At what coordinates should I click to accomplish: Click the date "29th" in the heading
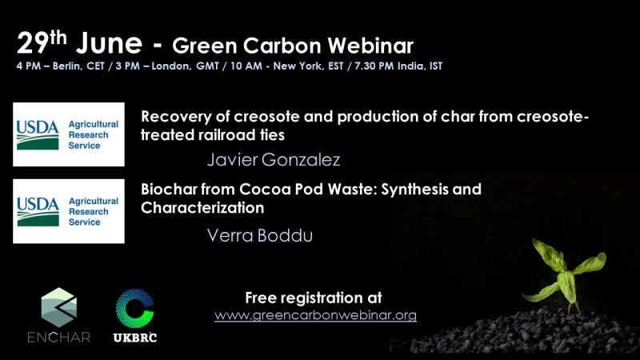(x=42, y=42)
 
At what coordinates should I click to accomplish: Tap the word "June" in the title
(x=109, y=43)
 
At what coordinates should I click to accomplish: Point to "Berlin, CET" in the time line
(x=78, y=66)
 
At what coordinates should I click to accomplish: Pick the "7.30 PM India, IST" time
(x=398, y=66)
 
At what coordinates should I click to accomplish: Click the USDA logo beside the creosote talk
(x=69, y=134)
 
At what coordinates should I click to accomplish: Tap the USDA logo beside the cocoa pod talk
(x=69, y=211)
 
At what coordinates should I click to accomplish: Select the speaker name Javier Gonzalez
(x=274, y=159)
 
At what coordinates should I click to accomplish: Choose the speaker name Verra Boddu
(x=259, y=235)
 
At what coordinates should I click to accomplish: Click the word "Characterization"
(x=202, y=208)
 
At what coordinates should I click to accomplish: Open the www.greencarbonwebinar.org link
(x=315, y=315)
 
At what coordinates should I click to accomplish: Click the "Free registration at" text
(x=314, y=298)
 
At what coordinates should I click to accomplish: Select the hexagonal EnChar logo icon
(x=59, y=307)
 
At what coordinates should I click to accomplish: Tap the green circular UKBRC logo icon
(x=134, y=309)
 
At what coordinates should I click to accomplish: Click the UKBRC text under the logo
(x=135, y=338)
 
